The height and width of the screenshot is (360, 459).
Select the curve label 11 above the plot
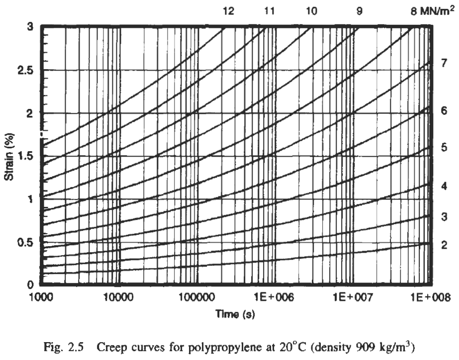[270, 10]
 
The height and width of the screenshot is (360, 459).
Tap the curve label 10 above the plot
[311, 10]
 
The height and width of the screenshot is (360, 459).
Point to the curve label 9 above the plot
[360, 10]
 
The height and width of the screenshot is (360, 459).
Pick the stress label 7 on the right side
[445, 63]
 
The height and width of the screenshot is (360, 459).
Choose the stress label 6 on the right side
[445, 111]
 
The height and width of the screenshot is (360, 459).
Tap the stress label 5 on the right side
[445, 147]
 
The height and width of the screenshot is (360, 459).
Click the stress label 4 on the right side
[445, 186]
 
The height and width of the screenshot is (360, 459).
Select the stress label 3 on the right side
[445, 216]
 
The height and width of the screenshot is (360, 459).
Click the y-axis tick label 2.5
[25, 70]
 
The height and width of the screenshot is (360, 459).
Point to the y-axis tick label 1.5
[25, 156]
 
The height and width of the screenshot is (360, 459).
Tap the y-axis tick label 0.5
[25, 242]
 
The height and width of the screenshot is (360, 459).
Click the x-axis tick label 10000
[117, 297]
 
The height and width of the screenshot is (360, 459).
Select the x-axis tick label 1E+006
[272, 297]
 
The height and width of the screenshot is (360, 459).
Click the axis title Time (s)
[235, 314]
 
